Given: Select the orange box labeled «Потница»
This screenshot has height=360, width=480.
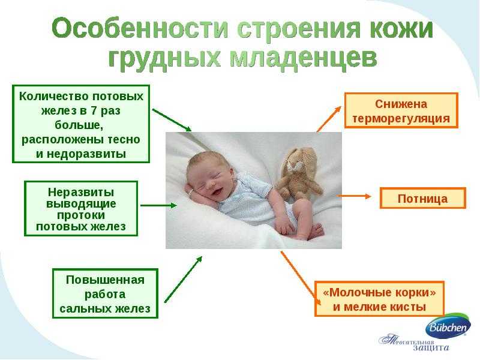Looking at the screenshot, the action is pyautogui.click(x=423, y=199).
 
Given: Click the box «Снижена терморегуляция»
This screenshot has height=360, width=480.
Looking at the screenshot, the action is pyautogui.click(x=401, y=110).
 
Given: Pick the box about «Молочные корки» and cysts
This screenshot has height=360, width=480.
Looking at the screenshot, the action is pyautogui.click(x=379, y=299).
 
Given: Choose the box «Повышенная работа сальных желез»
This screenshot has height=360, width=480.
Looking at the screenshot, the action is pyautogui.click(x=105, y=293).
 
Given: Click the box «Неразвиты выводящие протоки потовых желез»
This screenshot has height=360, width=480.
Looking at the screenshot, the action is pyautogui.click(x=81, y=208).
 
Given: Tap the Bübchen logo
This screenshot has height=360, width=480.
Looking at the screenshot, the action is pyautogui.click(x=448, y=326).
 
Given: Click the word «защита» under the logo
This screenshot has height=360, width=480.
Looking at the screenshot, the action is pyautogui.click(x=431, y=348).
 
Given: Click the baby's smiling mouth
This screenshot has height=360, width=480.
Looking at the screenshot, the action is pyautogui.click(x=218, y=192).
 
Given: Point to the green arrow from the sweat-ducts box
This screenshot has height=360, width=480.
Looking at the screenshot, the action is pyautogui.click(x=158, y=205).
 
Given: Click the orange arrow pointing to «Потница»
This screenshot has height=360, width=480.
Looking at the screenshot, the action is pyautogui.click(x=354, y=196).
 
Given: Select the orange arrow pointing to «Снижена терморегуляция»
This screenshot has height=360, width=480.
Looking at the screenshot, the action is pyautogui.click(x=329, y=119).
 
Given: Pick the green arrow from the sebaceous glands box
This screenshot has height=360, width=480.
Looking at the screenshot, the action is pyautogui.click(x=184, y=280).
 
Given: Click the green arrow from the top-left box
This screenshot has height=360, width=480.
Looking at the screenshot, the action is pyautogui.click(x=172, y=120).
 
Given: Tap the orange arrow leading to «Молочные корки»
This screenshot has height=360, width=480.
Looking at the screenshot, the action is pyautogui.click(x=301, y=278).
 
